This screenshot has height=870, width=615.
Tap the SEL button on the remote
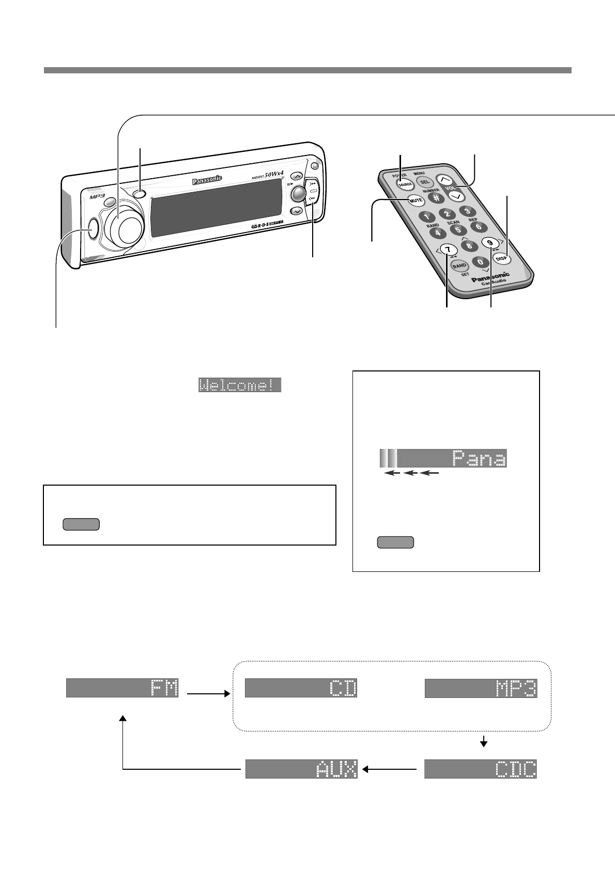[x=424, y=182]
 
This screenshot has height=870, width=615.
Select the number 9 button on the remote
[x=489, y=243]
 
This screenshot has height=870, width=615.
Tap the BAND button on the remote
[x=459, y=266]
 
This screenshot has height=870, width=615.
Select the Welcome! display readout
[x=240, y=385]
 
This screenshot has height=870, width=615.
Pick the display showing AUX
[x=301, y=769]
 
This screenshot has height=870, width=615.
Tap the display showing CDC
[x=481, y=769]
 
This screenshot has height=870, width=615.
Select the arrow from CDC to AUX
[x=391, y=769]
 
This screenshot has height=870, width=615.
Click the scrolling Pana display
[x=443, y=458]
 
